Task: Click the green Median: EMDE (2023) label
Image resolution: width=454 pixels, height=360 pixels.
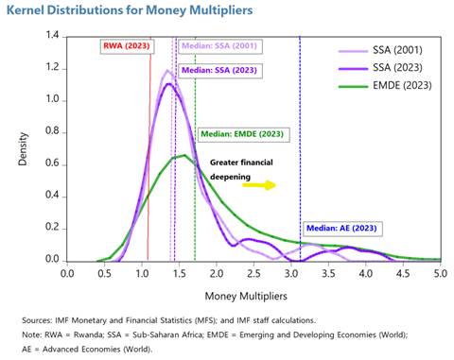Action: click(238, 134)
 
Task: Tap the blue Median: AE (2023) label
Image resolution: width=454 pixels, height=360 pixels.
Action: click(341, 228)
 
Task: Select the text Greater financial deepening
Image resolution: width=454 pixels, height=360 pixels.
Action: click(241, 168)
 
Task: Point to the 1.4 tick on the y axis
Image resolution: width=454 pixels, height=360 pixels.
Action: click(52, 36)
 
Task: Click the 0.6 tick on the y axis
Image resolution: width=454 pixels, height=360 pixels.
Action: click(52, 164)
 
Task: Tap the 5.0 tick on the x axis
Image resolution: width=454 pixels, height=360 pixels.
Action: click(440, 273)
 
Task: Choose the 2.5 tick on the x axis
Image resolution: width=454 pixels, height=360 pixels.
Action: click(253, 273)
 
